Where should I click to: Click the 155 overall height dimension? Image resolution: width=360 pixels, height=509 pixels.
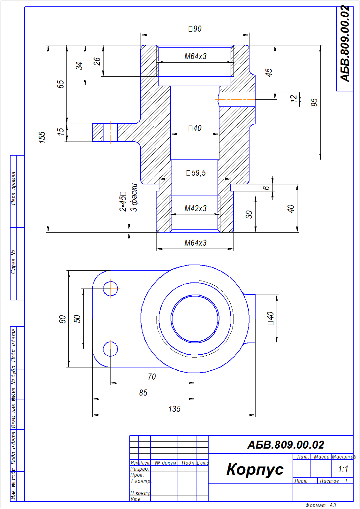pos(42,137)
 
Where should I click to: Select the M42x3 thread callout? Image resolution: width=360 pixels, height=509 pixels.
pos(195,208)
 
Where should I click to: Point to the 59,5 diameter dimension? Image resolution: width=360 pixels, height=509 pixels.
pos(196,173)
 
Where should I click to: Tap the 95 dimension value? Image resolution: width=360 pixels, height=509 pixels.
pos(314,102)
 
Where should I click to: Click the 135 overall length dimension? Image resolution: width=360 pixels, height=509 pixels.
pos(174,409)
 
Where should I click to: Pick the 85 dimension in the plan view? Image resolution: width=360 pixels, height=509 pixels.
pos(143,393)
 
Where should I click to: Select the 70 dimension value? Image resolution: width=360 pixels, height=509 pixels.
pos(152,377)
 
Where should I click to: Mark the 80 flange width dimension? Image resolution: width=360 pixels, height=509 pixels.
pos(62,319)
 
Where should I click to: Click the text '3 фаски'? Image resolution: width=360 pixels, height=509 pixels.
pos(134,197)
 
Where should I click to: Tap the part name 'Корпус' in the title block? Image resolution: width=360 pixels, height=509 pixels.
pos(255,469)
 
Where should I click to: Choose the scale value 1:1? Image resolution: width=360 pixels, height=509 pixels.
pos(343,469)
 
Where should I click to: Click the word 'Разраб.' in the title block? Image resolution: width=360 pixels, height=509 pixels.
pos(140,469)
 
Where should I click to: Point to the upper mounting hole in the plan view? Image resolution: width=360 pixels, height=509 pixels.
pos(111,289)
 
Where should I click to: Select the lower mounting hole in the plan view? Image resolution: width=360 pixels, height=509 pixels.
pos(111,349)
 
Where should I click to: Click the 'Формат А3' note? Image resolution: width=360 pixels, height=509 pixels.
pos(320,505)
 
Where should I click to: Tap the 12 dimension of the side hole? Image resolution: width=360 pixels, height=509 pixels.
pos(294,99)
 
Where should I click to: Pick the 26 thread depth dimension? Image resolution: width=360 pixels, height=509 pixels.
pos(97,61)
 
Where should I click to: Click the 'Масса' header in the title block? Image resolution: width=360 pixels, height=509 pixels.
pos(321,457)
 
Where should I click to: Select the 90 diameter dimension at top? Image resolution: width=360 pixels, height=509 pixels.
pos(195,29)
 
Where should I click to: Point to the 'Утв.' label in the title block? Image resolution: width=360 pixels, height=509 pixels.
pos(136,499)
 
